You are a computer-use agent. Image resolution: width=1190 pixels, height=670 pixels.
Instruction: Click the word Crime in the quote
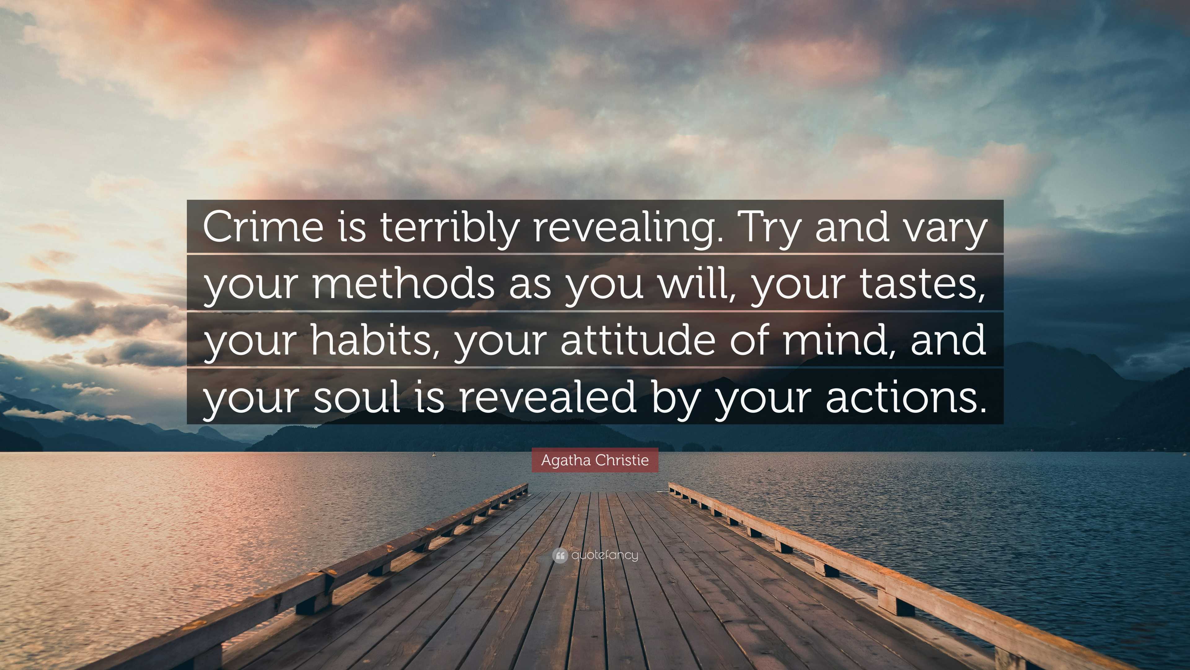click(x=263, y=226)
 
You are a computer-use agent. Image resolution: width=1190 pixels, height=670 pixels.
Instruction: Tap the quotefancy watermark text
click(x=605, y=555)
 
